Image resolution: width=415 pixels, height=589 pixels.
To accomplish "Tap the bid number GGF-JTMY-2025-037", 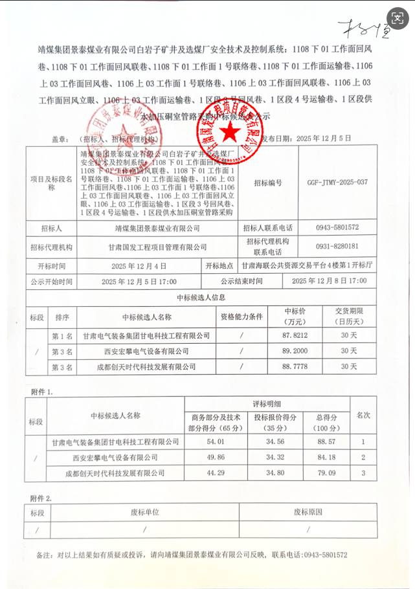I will click(337, 183).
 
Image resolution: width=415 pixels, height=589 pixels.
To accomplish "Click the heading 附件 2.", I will click(42, 498).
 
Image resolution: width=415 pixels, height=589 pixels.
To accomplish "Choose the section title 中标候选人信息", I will click(201, 298).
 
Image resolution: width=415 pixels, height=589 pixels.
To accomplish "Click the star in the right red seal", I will click(228, 131).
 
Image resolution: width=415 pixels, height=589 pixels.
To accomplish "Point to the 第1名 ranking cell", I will click(62, 336).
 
